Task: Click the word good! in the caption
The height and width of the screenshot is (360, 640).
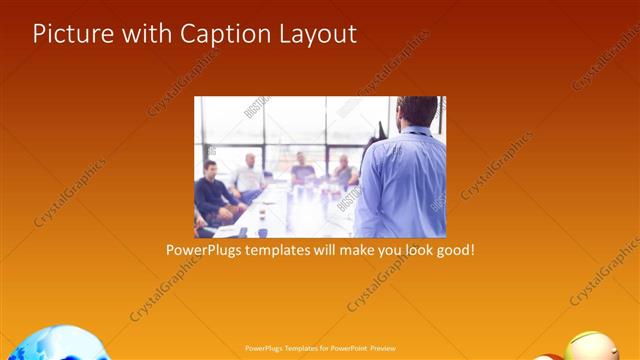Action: (456, 249)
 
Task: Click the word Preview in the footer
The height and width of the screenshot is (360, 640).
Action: (383, 349)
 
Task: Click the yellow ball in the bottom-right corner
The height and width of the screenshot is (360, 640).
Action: (591, 347)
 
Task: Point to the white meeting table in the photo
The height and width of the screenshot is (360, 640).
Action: (290, 215)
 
